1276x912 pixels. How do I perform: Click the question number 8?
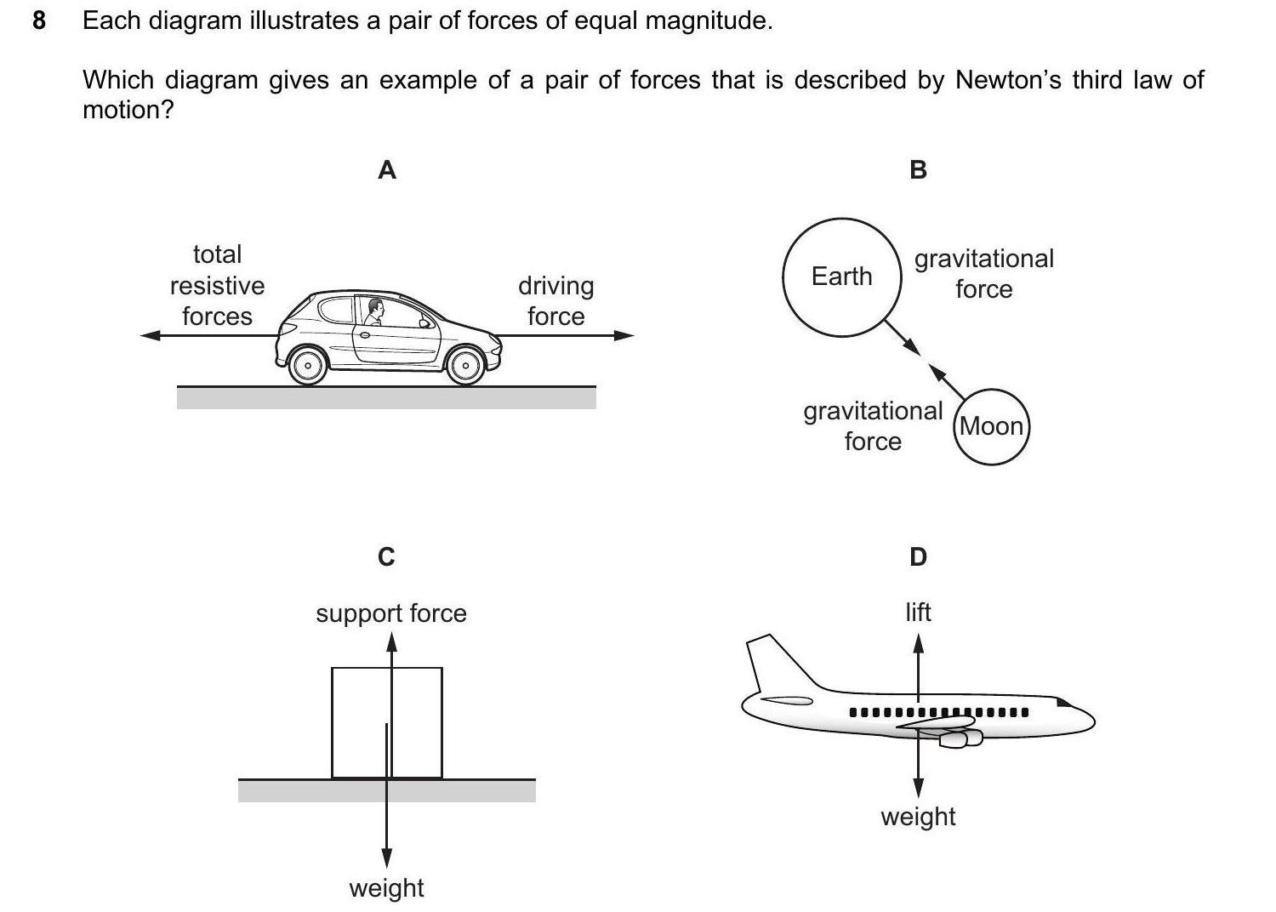click(x=38, y=20)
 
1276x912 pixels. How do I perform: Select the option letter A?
click(x=386, y=170)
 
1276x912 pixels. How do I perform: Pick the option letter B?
click(x=918, y=170)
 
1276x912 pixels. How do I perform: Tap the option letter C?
click(x=386, y=556)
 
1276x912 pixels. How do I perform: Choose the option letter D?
click(x=918, y=556)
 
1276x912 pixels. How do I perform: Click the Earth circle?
click(x=841, y=277)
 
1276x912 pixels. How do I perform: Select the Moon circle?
click(x=991, y=426)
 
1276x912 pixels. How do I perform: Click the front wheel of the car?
click(x=465, y=366)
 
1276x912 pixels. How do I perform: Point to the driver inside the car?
click(x=375, y=311)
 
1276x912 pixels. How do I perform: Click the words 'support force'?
click(x=391, y=613)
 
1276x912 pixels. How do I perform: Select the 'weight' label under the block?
click(x=386, y=887)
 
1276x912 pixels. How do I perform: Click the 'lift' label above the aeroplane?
click(x=918, y=612)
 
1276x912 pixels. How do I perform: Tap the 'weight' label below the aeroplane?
click(x=918, y=816)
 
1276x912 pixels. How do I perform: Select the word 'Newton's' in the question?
click(x=1009, y=80)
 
